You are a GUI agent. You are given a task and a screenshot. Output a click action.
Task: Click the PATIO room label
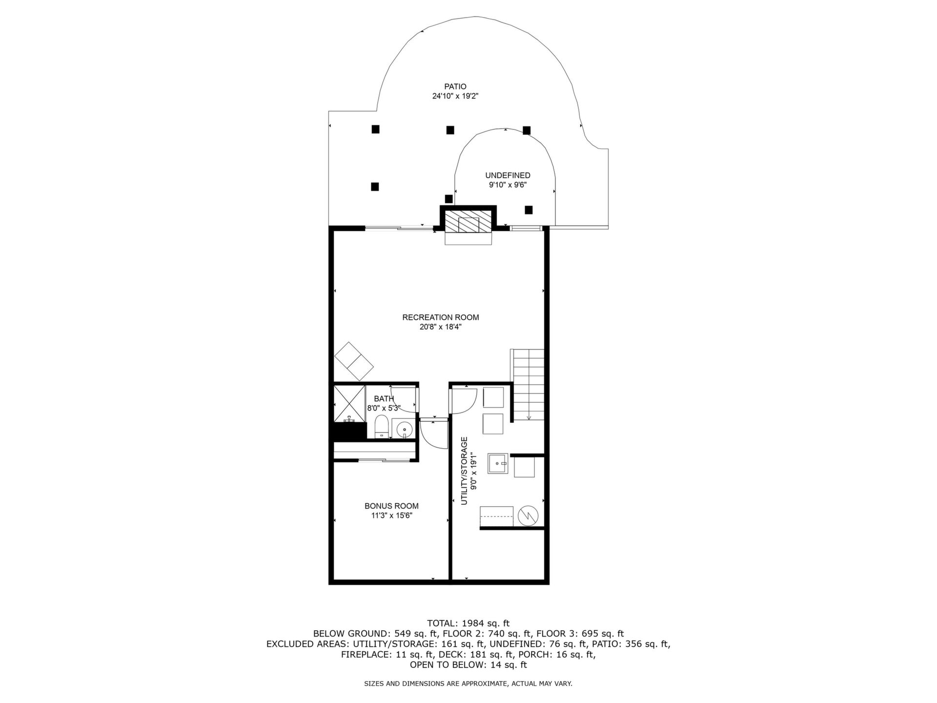(x=455, y=87)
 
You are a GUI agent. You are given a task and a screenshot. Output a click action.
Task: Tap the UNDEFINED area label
(x=508, y=175)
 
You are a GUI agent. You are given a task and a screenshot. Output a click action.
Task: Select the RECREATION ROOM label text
(x=441, y=317)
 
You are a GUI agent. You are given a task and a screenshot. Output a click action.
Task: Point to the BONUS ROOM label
(x=391, y=506)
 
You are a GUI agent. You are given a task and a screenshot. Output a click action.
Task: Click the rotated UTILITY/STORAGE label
(x=464, y=471)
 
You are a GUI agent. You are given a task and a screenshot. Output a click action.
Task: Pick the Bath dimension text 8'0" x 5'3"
(x=384, y=408)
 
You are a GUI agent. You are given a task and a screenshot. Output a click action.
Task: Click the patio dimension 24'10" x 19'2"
(x=455, y=97)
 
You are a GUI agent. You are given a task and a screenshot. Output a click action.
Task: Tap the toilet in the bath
(x=381, y=427)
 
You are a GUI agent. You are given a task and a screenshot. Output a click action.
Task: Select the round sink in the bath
(x=405, y=429)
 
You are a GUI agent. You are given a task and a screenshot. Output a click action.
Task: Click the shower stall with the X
(x=349, y=403)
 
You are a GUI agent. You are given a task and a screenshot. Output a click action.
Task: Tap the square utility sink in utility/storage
(x=498, y=463)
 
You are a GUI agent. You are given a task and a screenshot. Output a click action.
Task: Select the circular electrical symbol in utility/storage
(x=528, y=516)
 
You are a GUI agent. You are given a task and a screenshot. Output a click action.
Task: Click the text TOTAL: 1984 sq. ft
(x=468, y=623)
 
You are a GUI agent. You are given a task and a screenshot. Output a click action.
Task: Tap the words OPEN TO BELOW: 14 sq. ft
(x=468, y=665)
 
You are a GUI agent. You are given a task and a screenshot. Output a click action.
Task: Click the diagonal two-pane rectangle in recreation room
(x=354, y=361)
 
